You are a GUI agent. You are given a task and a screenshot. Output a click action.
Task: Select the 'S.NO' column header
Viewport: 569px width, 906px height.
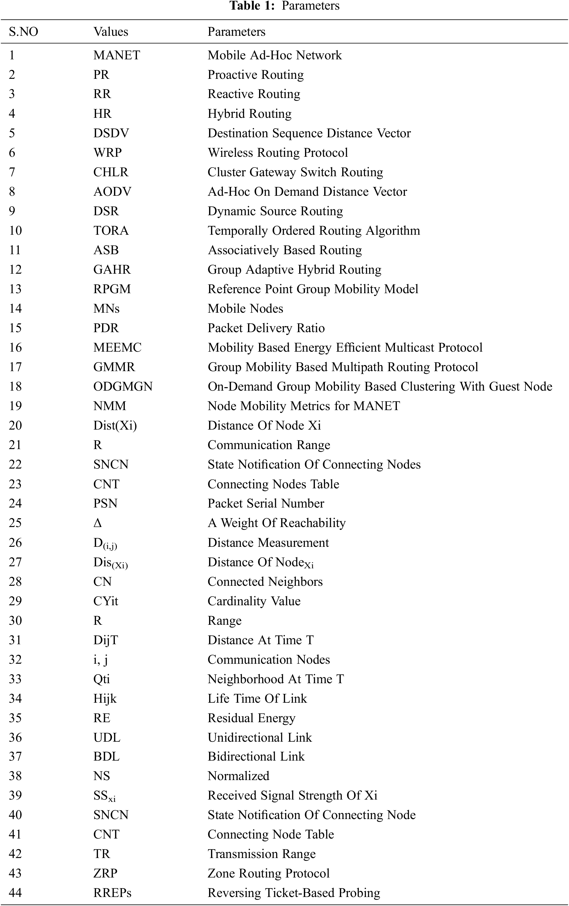[x=23, y=32]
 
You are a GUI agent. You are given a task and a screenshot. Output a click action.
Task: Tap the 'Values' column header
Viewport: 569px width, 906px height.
[x=110, y=32]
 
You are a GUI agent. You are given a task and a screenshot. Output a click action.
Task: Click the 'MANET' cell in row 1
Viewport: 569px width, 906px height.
[x=117, y=55]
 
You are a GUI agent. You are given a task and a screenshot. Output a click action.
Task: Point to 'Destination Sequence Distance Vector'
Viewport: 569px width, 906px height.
[x=309, y=133]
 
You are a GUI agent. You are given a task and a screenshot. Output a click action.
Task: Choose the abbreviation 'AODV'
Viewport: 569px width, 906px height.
[x=112, y=191]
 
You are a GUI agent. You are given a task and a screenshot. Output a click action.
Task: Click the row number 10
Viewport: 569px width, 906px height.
[x=15, y=230]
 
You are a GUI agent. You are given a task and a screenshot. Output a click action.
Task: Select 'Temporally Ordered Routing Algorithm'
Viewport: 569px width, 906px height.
[x=314, y=230]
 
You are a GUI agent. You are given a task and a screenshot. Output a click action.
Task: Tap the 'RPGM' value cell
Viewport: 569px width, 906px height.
[x=112, y=289]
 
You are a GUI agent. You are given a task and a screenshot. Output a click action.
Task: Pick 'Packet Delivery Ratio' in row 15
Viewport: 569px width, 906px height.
[x=266, y=328]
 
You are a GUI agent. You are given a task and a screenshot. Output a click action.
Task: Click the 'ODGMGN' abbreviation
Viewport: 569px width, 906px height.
[x=123, y=387]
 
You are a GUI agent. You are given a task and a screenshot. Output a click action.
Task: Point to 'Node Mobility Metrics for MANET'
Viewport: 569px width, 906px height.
[x=304, y=406]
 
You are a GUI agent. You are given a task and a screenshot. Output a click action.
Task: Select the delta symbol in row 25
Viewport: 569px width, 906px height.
[x=97, y=523]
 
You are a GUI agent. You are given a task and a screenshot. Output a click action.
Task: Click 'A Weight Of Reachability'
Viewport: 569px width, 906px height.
[x=277, y=523]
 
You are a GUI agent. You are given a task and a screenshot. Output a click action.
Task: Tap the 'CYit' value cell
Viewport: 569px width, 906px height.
[x=105, y=601]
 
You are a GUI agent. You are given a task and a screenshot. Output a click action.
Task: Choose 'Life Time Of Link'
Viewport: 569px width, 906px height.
[x=257, y=698]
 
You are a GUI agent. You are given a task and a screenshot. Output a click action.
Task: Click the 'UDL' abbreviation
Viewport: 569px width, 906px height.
[x=107, y=737]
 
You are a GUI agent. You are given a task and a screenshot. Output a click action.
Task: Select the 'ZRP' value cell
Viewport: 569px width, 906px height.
[x=105, y=873]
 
